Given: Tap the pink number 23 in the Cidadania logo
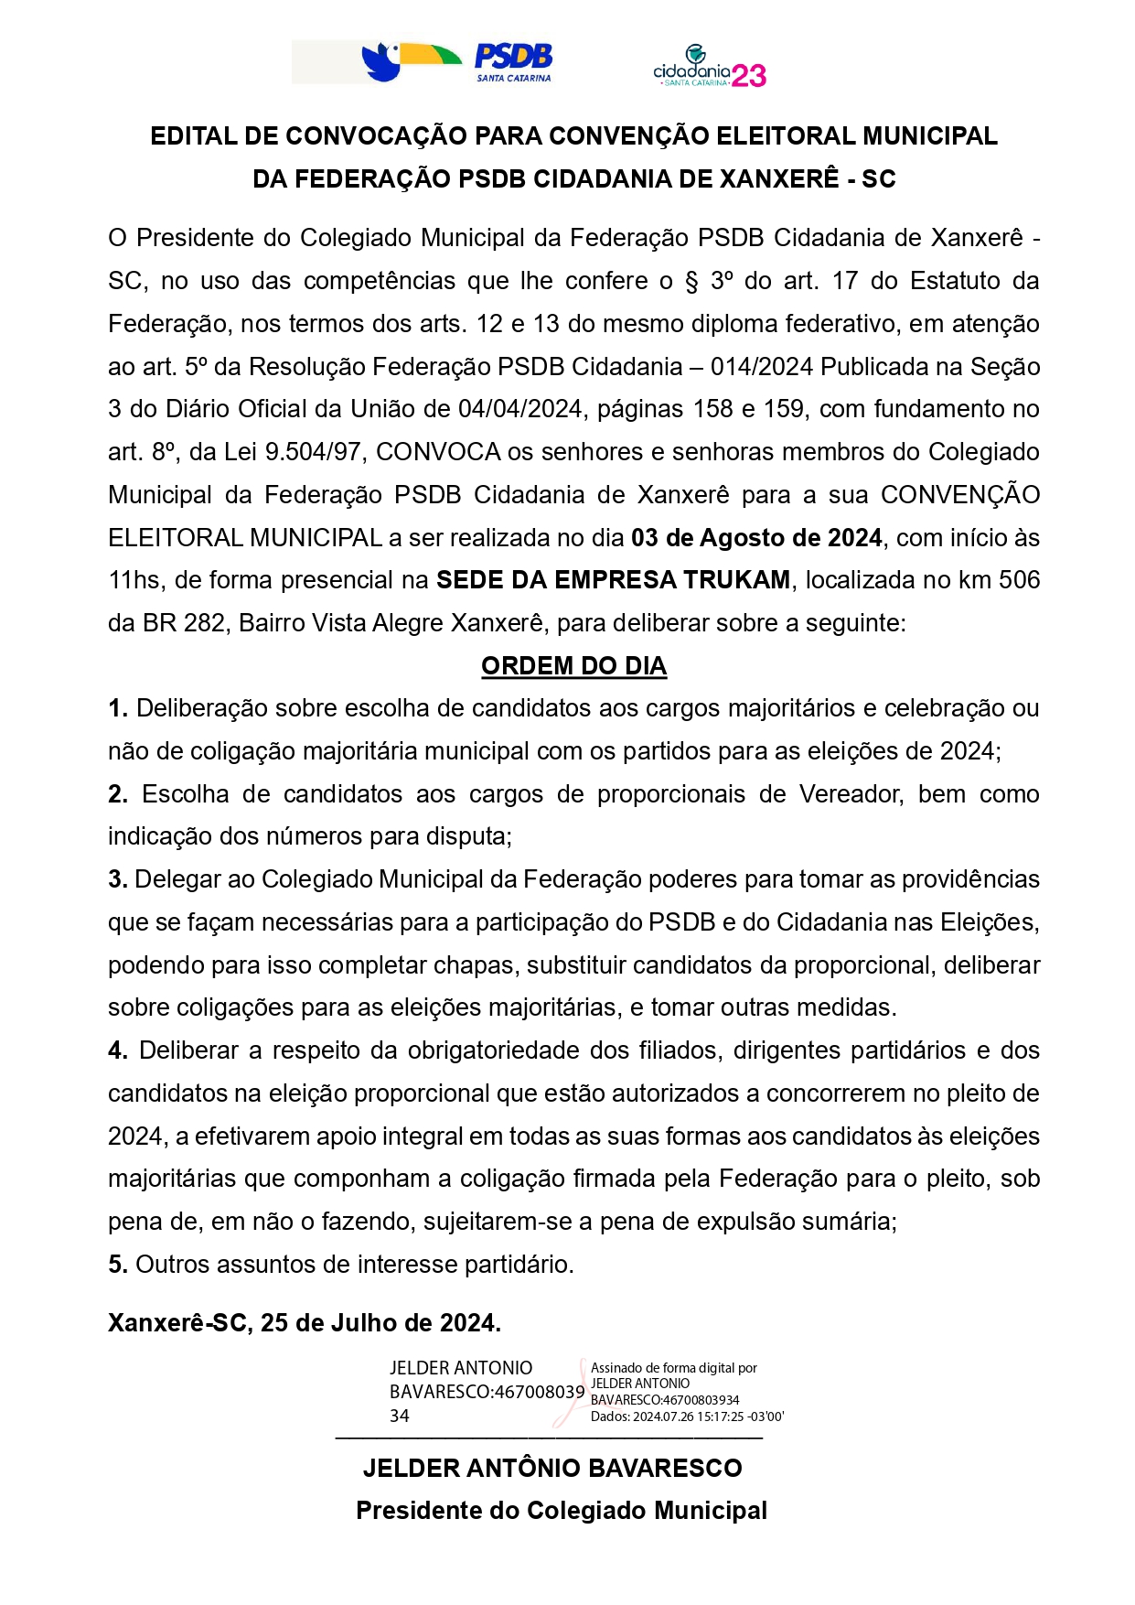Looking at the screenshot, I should [x=749, y=76].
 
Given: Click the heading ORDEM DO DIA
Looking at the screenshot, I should [x=573, y=665].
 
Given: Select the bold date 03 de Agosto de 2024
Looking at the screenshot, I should [x=756, y=537].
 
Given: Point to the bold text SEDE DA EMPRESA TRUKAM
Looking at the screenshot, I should [x=613, y=580].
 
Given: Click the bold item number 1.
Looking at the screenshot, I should [x=117, y=708].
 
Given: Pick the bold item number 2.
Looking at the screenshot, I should [x=117, y=794].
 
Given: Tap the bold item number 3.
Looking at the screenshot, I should [x=117, y=879].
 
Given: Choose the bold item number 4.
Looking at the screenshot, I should [x=117, y=1050].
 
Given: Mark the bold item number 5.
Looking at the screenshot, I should [x=117, y=1265].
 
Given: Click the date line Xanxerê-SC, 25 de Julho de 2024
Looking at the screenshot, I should [x=305, y=1323].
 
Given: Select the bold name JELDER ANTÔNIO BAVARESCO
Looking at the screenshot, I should [x=552, y=1468].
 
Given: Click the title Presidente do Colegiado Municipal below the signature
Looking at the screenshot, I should [x=561, y=1510].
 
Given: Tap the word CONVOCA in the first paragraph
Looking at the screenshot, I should [x=438, y=452].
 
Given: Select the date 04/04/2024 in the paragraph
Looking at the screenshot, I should [x=520, y=409].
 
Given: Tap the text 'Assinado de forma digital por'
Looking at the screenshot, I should [x=674, y=1368].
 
